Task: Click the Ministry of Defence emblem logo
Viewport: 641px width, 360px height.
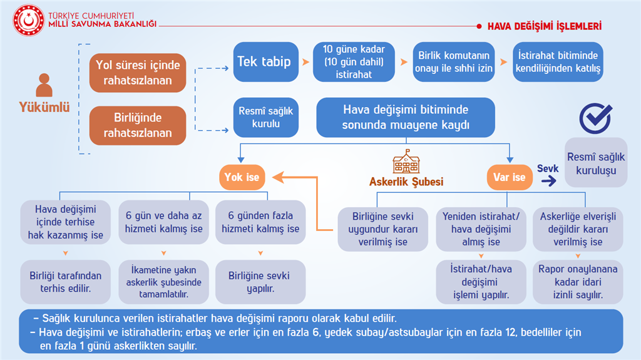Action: coord(28,20)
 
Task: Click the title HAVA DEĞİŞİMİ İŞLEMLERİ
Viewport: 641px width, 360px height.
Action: coord(545,26)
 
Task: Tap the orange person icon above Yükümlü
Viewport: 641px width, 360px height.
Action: coord(44,85)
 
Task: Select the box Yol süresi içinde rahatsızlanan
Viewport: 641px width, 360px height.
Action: coord(138,73)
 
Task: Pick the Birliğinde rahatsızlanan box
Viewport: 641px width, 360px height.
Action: coord(138,126)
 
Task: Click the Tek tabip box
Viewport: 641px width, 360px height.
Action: coord(265,62)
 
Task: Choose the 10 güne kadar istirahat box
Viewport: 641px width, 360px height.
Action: coord(354,62)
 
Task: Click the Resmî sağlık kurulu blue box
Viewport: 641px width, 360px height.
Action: coord(265,118)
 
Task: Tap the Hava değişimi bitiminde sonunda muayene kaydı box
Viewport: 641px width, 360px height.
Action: coord(406,118)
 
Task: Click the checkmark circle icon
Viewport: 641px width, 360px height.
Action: coord(595,118)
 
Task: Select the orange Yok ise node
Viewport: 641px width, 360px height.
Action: coord(242,177)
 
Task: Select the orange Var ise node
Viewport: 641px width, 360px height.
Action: coord(510,177)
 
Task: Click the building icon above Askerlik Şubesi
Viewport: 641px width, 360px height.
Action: coord(406,162)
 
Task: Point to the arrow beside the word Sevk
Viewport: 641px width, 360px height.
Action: coord(548,180)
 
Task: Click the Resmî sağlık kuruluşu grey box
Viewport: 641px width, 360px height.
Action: coord(596,163)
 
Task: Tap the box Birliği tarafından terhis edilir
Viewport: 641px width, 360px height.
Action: coord(65,282)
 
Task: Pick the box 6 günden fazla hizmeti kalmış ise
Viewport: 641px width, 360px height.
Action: coord(260,222)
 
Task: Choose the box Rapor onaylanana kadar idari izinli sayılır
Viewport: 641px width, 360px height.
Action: coord(578,282)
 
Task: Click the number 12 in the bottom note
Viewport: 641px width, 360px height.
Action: coord(510,332)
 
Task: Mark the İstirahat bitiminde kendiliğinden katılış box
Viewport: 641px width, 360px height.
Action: coord(558,62)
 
